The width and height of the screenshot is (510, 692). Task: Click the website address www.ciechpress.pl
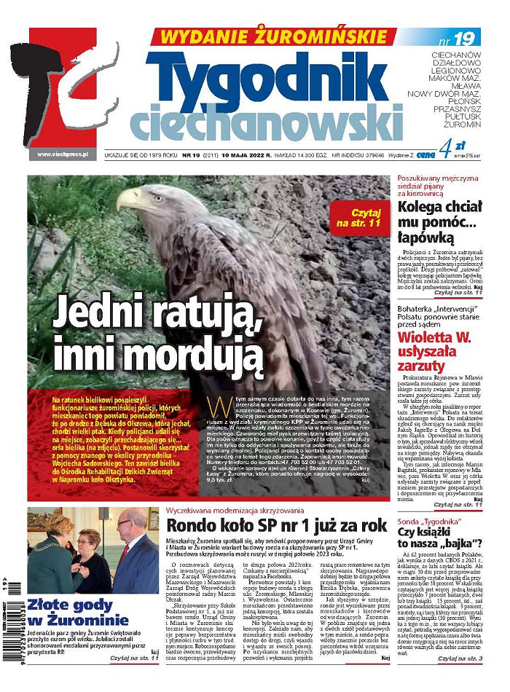point(63,154)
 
